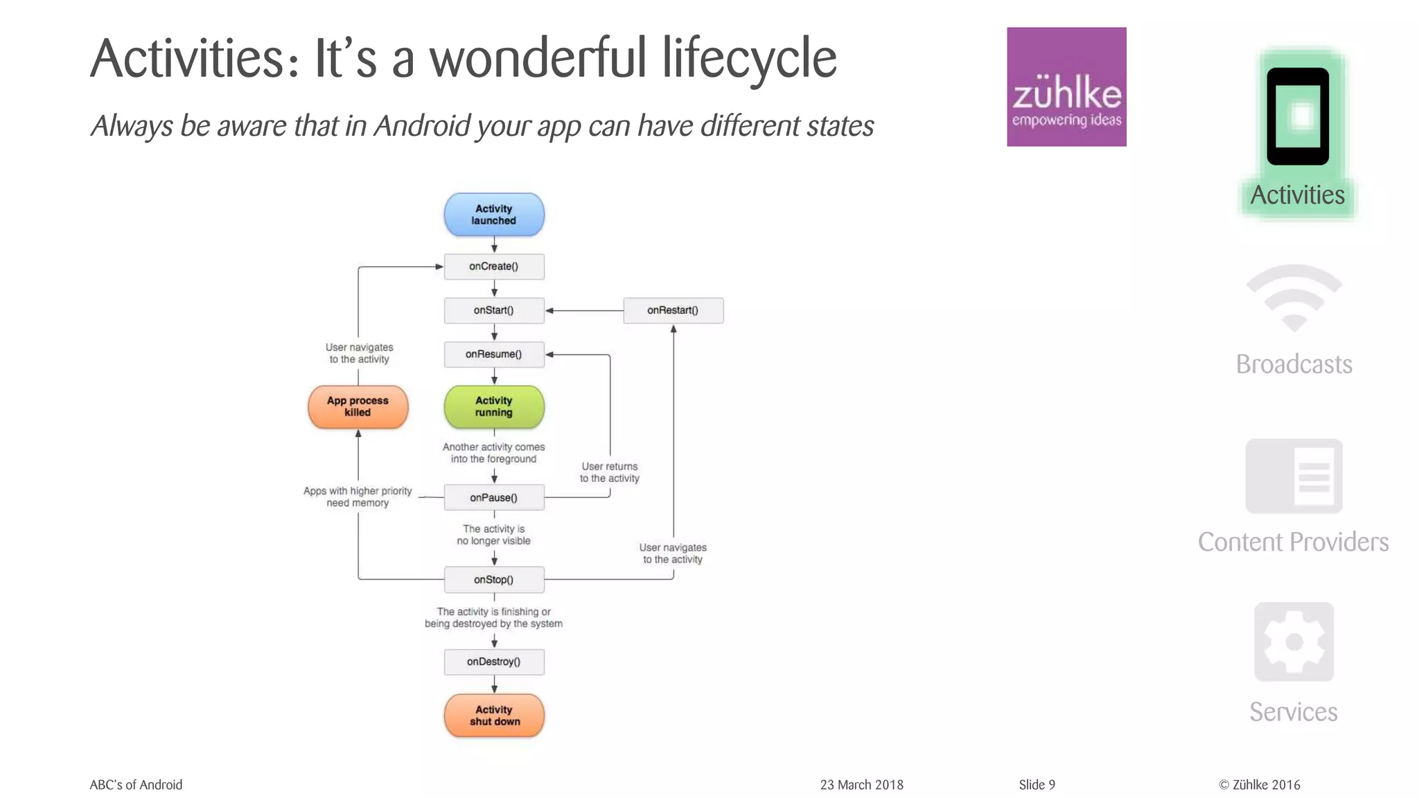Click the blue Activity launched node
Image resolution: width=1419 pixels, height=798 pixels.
point(494,215)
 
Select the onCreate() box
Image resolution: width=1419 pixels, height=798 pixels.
point(494,267)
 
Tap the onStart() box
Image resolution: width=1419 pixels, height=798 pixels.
point(494,310)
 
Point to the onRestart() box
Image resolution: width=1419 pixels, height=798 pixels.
point(673,310)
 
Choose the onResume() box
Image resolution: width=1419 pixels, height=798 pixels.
point(494,355)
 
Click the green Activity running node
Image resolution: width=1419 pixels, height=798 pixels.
point(494,407)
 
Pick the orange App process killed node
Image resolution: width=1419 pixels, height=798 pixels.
point(358,407)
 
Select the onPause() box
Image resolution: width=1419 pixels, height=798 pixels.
point(494,497)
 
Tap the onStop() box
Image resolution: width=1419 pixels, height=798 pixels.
point(494,580)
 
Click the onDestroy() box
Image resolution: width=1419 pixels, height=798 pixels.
point(494,662)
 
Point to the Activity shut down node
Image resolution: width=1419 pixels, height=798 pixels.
point(494,716)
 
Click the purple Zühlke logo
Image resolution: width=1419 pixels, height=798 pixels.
point(1066,87)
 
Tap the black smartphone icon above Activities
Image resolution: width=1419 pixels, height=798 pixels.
point(1298,116)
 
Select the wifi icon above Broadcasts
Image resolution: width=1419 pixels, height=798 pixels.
point(1294,299)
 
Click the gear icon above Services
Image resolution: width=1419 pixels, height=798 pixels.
point(1294,642)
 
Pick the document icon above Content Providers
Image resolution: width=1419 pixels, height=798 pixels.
point(1294,477)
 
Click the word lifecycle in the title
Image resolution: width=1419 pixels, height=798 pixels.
point(749,59)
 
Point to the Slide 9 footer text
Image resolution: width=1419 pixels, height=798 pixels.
point(1037,785)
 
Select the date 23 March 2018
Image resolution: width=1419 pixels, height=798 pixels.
point(861,785)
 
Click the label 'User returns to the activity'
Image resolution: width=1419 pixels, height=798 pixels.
point(610,472)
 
